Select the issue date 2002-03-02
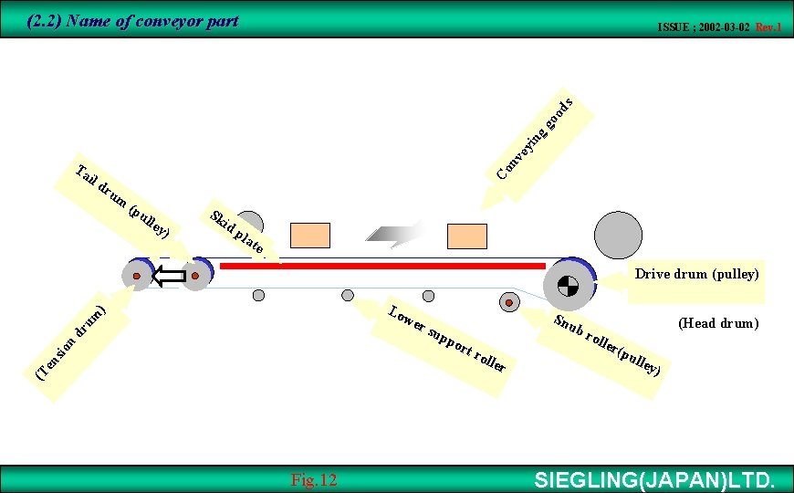[x=719, y=27]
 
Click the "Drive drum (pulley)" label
[x=696, y=274]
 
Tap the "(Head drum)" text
[x=718, y=322]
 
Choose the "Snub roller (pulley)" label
[x=606, y=346]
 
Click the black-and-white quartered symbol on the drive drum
[x=568, y=286]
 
